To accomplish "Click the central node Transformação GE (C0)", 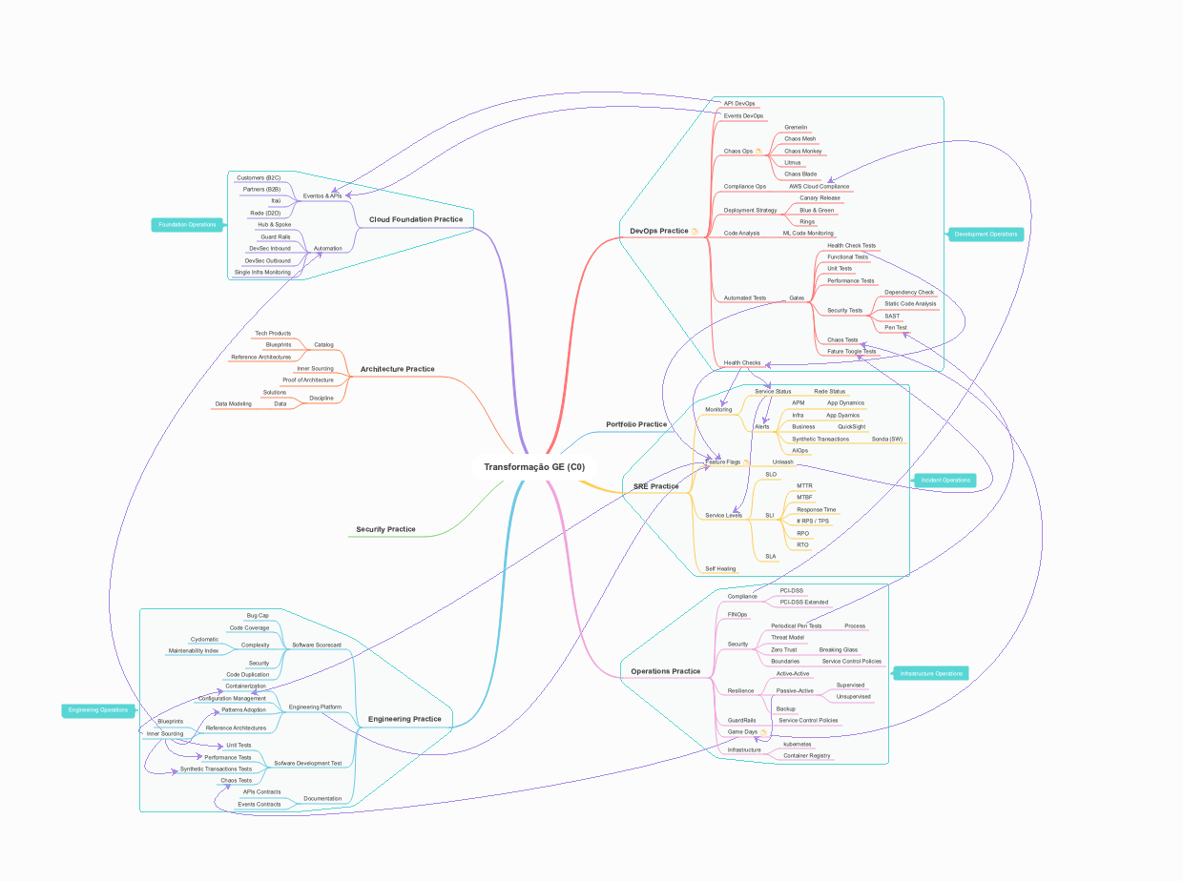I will click(534, 467).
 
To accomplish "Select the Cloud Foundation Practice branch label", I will click(416, 219).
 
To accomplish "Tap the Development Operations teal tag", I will click(986, 234).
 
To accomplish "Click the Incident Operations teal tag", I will click(945, 480).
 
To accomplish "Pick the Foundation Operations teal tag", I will click(187, 225).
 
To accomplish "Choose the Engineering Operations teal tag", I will click(98, 709).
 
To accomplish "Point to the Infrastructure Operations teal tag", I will click(930, 673).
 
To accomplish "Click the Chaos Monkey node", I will click(802, 151).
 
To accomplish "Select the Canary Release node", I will click(820, 198).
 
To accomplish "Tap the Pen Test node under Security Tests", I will click(896, 328).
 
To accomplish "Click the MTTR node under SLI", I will click(804, 485).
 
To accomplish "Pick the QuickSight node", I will click(852, 426).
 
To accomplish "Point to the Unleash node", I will click(782, 462).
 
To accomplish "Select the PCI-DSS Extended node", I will click(803, 603).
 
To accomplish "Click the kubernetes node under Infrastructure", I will click(797, 744).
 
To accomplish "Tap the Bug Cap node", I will click(258, 616).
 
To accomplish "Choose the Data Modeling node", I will click(233, 404).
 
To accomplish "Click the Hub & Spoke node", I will click(274, 225).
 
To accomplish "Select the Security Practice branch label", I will click(385, 529).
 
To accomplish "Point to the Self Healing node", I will click(720, 569).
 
